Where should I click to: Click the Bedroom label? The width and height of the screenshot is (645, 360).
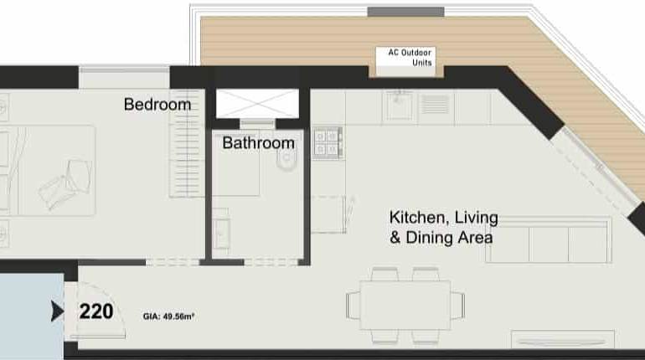pyautogui.click(x=157, y=105)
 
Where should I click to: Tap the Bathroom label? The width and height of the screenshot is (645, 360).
pyautogui.click(x=258, y=143)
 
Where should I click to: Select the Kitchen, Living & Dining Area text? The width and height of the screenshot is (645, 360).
pyautogui.click(x=443, y=228)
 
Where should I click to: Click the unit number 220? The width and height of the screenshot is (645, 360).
pyautogui.click(x=95, y=312)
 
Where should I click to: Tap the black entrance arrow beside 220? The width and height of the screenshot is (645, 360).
pyautogui.click(x=57, y=312)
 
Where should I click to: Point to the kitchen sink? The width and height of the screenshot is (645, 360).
pyautogui.click(x=399, y=105)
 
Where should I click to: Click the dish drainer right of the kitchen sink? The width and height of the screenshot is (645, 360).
pyautogui.click(x=434, y=105)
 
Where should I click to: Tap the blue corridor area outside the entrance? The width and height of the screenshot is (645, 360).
pyautogui.click(x=29, y=314)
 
